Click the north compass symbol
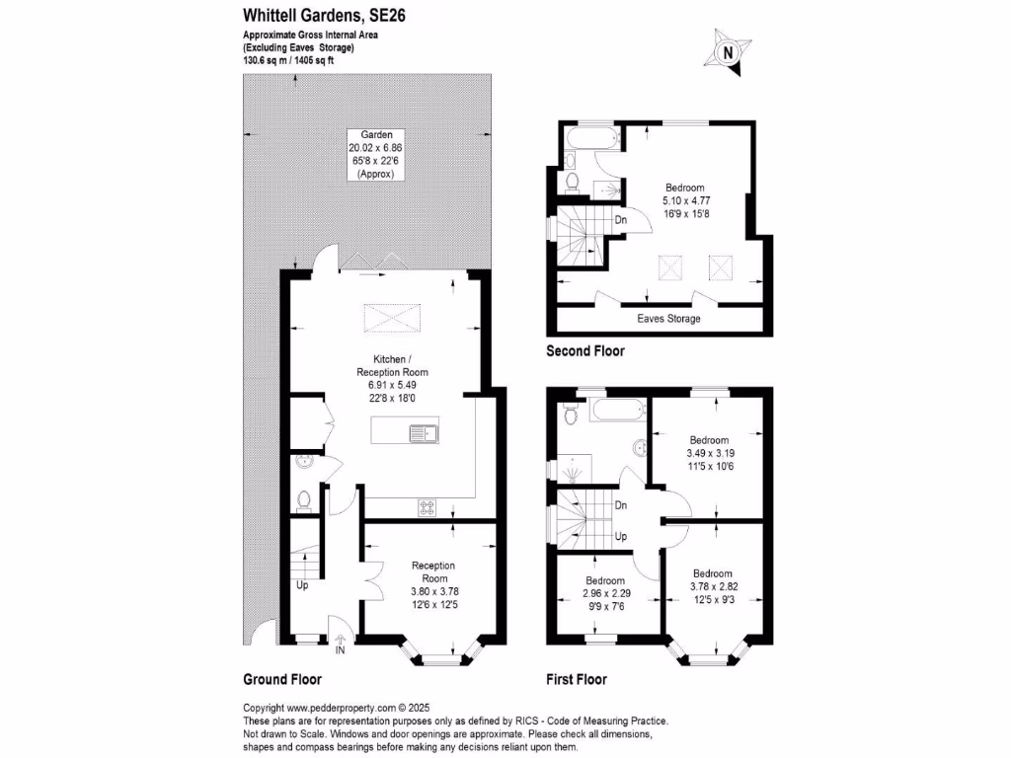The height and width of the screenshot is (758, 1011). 727,52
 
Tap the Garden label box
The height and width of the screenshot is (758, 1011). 377,154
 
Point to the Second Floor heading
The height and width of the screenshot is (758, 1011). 585,351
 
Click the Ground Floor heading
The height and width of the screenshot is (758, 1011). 282,679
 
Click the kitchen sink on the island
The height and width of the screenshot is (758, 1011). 427,431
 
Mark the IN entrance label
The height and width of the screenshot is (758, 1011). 340,650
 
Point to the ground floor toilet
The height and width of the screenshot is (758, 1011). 304,499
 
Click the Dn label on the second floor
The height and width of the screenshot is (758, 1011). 621,220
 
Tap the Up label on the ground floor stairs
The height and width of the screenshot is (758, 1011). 302,585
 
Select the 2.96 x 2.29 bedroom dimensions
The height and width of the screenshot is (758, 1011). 604,594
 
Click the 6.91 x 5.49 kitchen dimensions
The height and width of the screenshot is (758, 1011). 393,386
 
